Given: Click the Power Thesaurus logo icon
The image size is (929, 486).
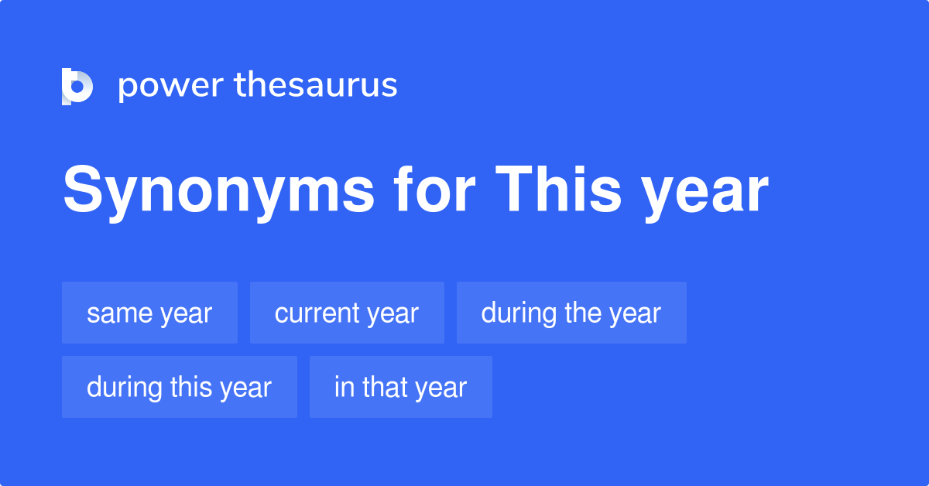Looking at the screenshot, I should pyautogui.click(x=77, y=86).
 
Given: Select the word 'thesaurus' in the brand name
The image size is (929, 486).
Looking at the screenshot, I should pyautogui.click(x=316, y=85).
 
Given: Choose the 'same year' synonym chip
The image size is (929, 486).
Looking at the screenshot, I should pyautogui.click(x=149, y=313).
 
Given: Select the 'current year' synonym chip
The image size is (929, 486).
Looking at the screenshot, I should pyautogui.click(x=347, y=313).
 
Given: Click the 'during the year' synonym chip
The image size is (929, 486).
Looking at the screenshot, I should pyautogui.click(x=571, y=313).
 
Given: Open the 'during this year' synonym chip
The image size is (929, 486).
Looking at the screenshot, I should pyautogui.click(x=180, y=387).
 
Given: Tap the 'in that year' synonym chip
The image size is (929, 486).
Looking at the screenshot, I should pyautogui.click(x=400, y=387).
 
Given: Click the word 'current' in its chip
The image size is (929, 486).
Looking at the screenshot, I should pyautogui.click(x=317, y=313).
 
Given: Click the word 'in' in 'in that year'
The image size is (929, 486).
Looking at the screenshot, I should pyautogui.click(x=342, y=387).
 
